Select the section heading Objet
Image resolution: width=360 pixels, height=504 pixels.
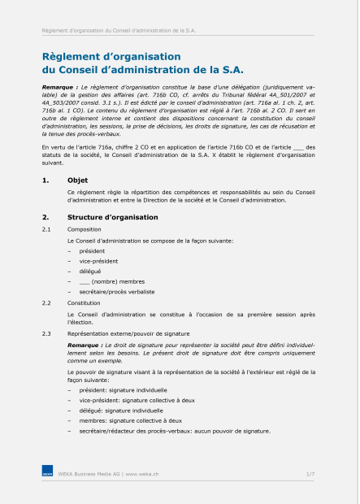[78, 180]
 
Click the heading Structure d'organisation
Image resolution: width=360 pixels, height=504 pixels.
[112, 217]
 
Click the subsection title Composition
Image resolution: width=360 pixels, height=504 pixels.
[85, 230]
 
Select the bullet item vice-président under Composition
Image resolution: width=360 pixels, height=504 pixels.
[98, 261]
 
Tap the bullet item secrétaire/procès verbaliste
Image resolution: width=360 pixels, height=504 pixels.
[116, 290]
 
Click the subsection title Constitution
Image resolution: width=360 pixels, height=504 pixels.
[85, 302]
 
